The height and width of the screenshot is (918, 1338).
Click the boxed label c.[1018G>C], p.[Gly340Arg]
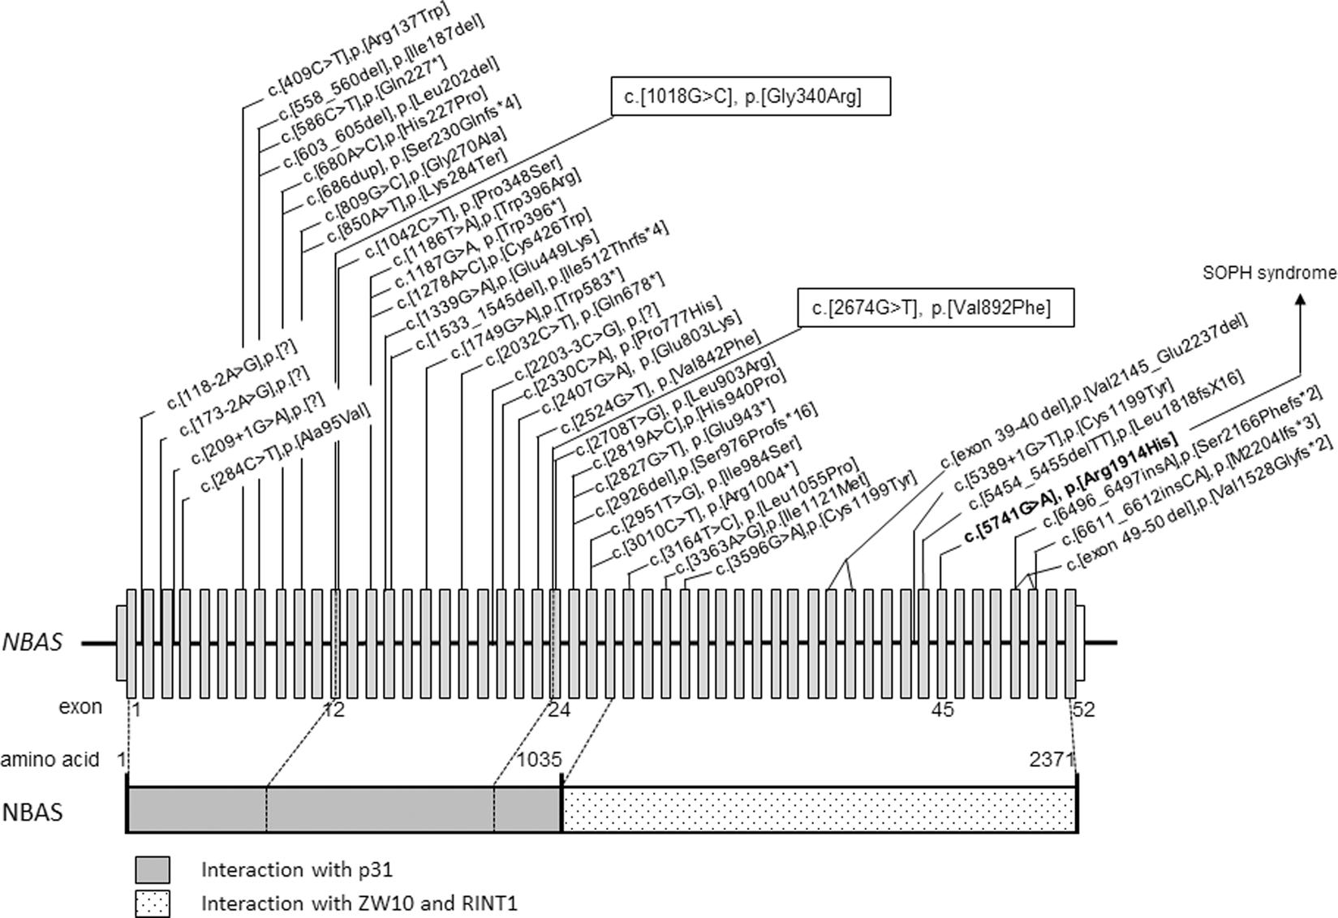pyautogui.click(x=750, y=97)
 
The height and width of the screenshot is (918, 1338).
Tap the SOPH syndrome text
pyautogui.click(x=1268, y=274)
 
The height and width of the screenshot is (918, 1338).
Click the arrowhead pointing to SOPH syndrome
pyautogui.click(x=1301, y=299)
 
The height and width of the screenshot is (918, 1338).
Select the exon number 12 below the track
pyautogui.click(x=333, y=710)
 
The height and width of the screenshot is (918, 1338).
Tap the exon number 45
pyautogui.click(x=942, y=710)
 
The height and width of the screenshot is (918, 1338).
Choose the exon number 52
pyautogui.click(x=1084, y=710)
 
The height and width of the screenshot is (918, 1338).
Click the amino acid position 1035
pyautogui.click(x=540, y=760)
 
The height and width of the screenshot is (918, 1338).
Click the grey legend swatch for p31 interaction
pyautogui.click(x=153, y=869)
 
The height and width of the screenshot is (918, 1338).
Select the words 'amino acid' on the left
pyautogui.click(x=49, y=760)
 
